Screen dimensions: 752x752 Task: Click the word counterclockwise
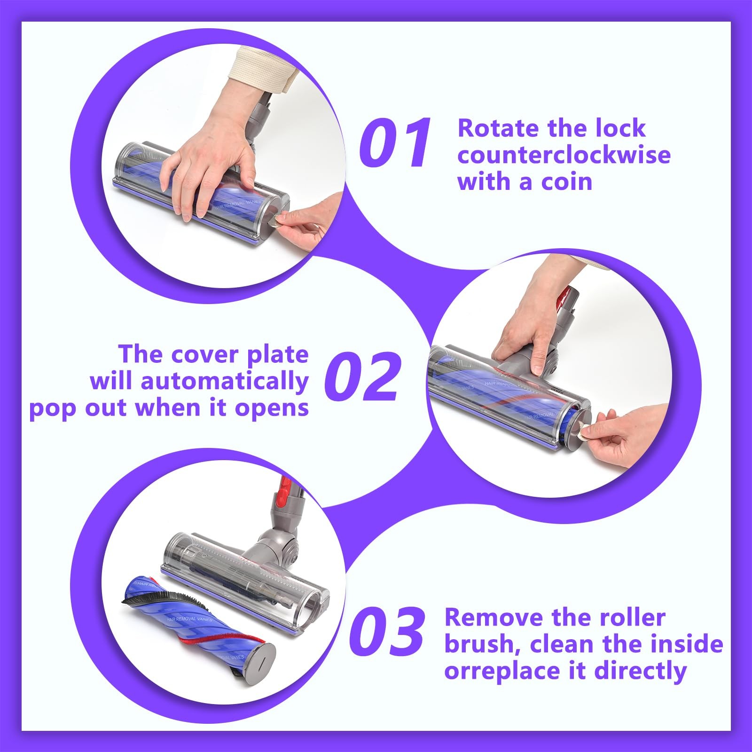point(564,155)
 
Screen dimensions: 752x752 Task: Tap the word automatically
point(224,382)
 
